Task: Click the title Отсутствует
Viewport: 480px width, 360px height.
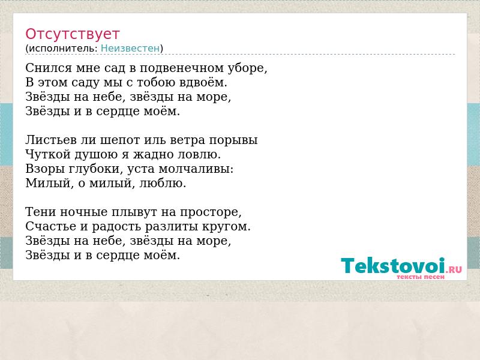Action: point(72,34)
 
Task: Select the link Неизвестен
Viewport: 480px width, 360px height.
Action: point(130,49)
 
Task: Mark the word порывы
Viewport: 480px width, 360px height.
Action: point(233,140)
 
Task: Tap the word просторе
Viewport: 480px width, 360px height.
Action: point(211,212)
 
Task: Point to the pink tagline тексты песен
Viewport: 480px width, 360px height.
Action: point(421,277)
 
